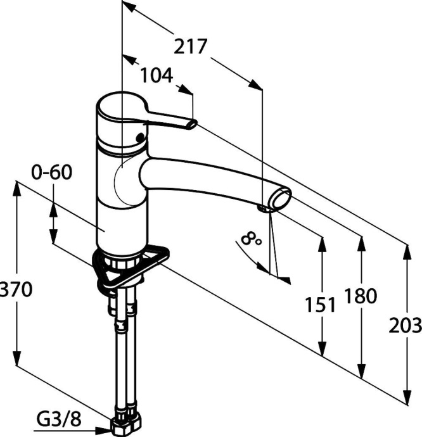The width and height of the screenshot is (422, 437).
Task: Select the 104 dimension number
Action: pyautogui.click(x=156, y=75)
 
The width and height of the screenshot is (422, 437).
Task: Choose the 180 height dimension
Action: pyautogui.click(x=362, y=296)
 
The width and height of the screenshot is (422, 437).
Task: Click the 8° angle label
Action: pyautogui.click(x=252, y=239)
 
